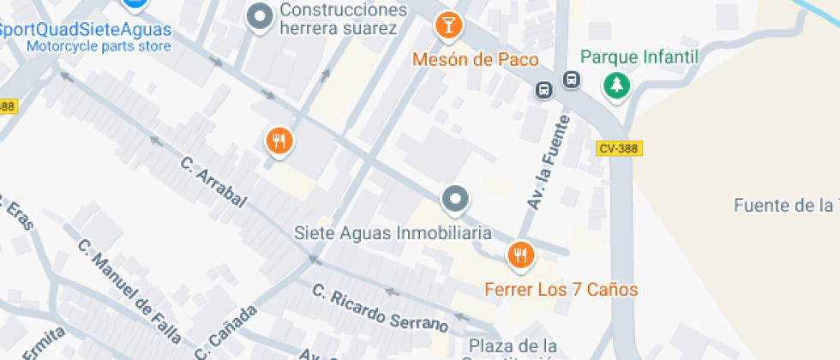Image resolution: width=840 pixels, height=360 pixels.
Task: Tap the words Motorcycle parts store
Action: [99, 46]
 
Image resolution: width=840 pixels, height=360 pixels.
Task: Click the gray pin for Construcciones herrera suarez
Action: [259, 16]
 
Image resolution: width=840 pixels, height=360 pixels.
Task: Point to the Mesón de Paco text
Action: [476, 60]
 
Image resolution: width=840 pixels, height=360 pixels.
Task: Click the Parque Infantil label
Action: [639, 57]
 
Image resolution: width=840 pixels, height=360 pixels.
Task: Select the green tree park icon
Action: [615, 85]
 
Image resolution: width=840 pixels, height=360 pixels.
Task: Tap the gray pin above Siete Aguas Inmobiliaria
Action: [455, 200]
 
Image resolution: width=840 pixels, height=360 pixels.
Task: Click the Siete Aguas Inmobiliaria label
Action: [393, 232]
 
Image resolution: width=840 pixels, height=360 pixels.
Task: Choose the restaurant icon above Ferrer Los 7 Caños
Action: [519, 255]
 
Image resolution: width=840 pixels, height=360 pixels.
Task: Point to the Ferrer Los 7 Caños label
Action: [561, 290]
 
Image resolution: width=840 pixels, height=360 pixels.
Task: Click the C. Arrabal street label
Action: [213, 182]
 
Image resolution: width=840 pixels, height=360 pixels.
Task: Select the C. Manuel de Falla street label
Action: [129, 290]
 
